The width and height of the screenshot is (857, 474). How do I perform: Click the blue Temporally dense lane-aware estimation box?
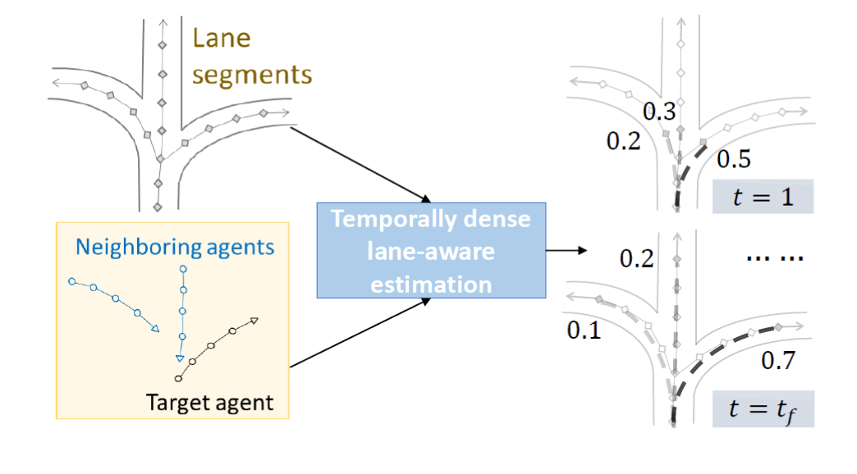pos(431,250)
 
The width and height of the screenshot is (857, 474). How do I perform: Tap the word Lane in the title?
pos(220,39)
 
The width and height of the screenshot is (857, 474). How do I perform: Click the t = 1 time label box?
pos(763,197)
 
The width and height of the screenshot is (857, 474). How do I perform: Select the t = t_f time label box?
pos(763,408)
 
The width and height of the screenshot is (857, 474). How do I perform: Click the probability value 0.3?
pos(658,111)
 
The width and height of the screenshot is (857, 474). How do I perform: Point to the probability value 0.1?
pos(584,330)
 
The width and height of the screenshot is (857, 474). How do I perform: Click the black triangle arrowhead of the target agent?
pos(254,321)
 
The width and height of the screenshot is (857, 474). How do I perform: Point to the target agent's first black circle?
pos(178,379)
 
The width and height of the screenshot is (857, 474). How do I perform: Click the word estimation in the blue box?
pos(431,284)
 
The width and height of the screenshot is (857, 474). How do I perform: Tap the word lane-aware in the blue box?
pos(431,252)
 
